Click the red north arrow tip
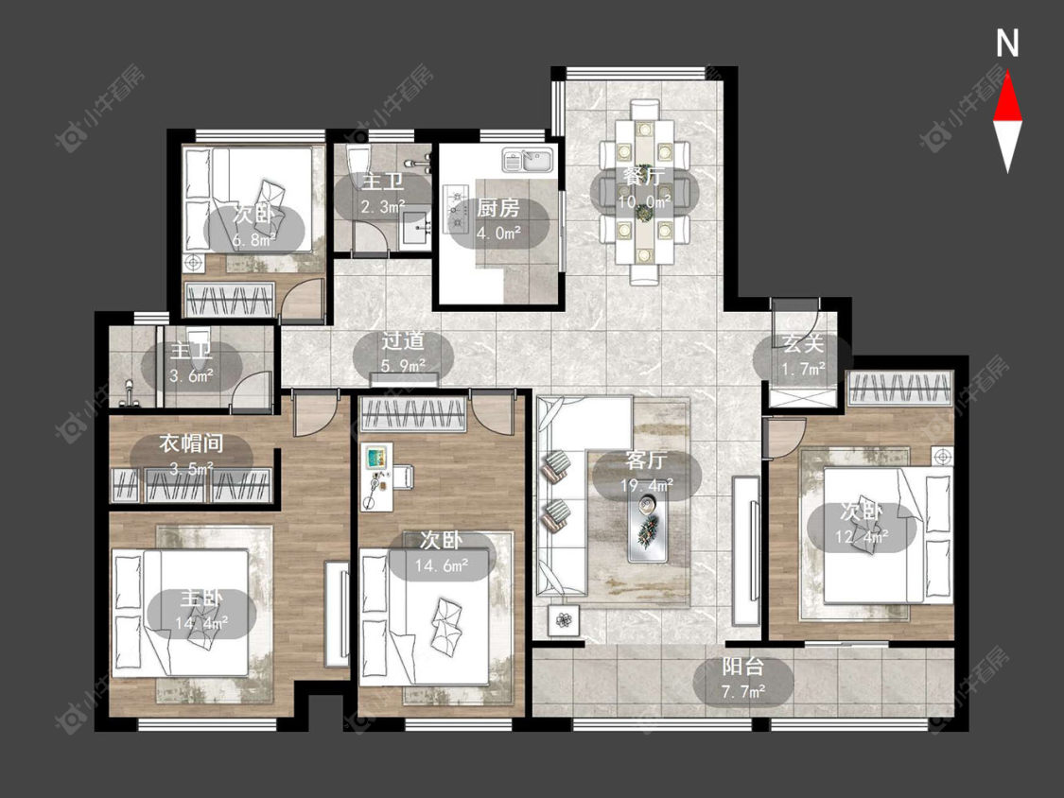click(x=1007, y=73)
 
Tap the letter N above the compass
click(x=1007, y=43)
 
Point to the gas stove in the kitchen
click(x=455, y=207)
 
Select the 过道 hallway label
click(x=403, y=340)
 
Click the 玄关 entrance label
click(x=803, y=343)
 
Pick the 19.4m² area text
click(x=647, y=485)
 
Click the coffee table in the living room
click(x=648, y=528)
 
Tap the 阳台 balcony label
click(x=743, y=667)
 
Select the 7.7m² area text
click(x=743, y=691)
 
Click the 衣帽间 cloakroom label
click(x=191, y=443)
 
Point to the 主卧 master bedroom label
click(x=201, y=598)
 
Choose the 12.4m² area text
click(x=862, y=536)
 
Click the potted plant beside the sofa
click(x=564, y=619)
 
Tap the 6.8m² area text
click(x=253, y=239)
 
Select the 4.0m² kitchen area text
click(x=498, y=232)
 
